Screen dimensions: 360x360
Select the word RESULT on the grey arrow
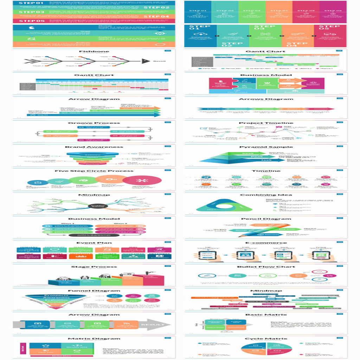(152, 324)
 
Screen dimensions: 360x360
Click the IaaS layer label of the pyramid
(266, 160)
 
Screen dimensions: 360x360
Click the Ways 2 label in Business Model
(121, 223)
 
